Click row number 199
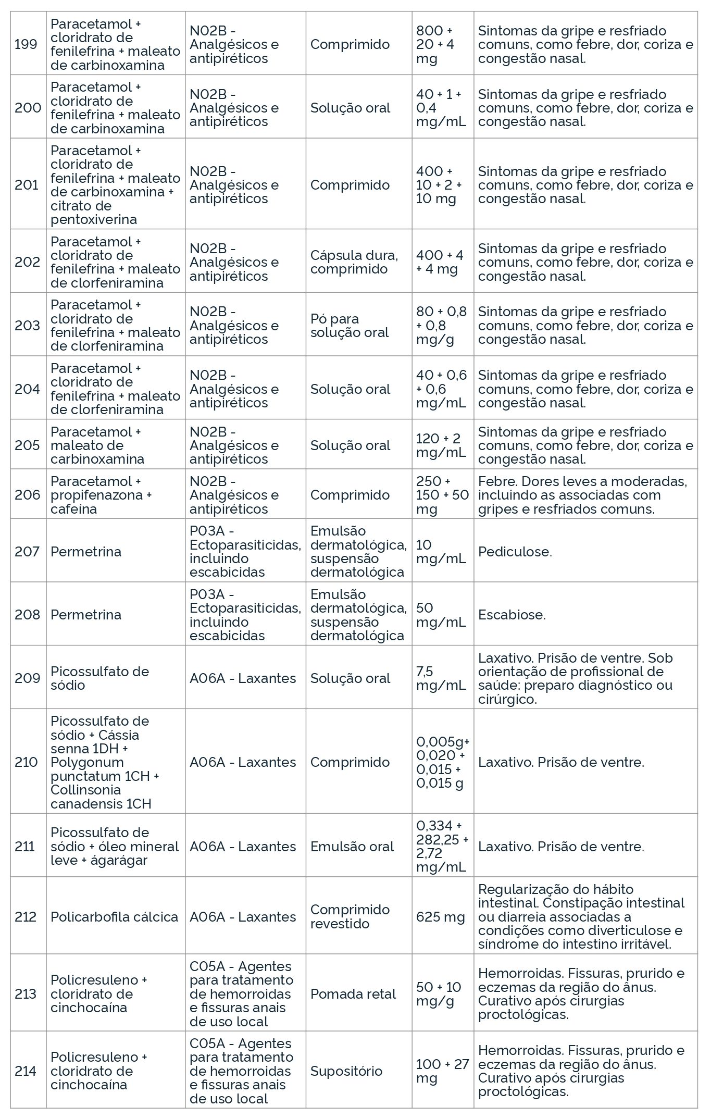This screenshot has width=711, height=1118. (x=26, y=44)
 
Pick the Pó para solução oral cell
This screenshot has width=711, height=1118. (x=350, y=326)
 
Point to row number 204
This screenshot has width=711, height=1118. (x=27, y=389)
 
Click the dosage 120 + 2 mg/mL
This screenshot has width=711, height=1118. (x=441, y=445)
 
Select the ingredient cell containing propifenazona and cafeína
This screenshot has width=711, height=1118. (x=101, y=495)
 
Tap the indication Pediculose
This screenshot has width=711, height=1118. (x=515, y=552)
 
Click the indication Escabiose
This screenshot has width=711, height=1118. (x=512, y=615)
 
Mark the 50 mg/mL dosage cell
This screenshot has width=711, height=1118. (x=441, y=615)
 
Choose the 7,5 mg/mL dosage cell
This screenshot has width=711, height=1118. (x=441, y=678)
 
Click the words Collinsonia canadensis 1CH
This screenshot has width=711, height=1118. (x=101, y=797)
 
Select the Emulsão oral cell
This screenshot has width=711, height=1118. (x=352, y=847)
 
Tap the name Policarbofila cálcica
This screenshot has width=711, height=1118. (x=114, y=917)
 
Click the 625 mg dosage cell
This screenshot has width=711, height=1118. (x=440, y=917)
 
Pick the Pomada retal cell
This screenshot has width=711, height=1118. (x=353, y=994)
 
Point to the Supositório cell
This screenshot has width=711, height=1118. (x=346, y=1071)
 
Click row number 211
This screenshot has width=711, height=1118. (x=25, y=847)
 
